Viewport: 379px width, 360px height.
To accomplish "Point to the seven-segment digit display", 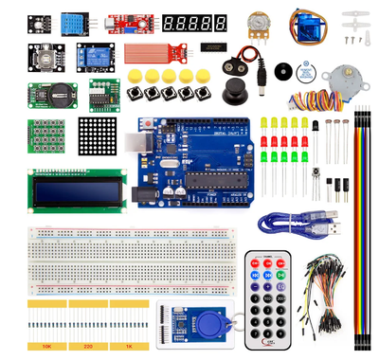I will point(194,21).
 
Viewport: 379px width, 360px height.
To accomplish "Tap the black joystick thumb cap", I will point(230,93).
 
